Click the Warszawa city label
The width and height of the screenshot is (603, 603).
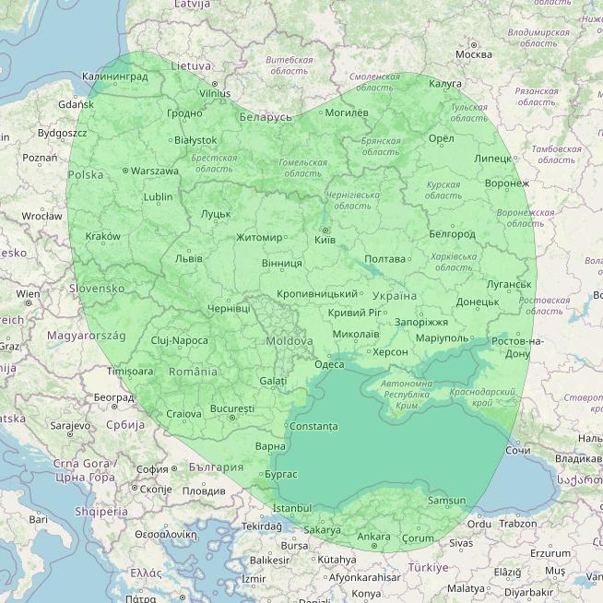point(155,171)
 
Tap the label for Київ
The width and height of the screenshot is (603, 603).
point(325,240)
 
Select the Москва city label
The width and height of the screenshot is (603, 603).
point(474,54)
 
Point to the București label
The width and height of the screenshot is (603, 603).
point(231,408)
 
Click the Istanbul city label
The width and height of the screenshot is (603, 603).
point(293,508)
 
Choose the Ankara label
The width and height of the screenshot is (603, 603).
point(373,537)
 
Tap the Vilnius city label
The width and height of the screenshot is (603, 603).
point(215,93)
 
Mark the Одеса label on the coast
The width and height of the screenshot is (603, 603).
point(329,364)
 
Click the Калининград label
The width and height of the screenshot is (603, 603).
point(114,77)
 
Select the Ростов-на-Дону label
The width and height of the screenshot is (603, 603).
point(517,348)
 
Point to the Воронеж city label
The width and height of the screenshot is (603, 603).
point(506,183)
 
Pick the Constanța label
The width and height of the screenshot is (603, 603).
point(313,427)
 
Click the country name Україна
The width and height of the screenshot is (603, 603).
point(395,296)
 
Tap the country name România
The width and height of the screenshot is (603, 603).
point(194,372)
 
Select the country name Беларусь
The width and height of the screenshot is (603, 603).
point(265,117)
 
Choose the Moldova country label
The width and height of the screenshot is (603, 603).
point(289,341)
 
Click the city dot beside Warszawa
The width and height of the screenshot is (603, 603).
point(125,171)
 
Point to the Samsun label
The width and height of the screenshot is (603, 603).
point(446,501)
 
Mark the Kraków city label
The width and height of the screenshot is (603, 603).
point(102,236)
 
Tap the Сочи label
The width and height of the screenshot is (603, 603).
point(517,451)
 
